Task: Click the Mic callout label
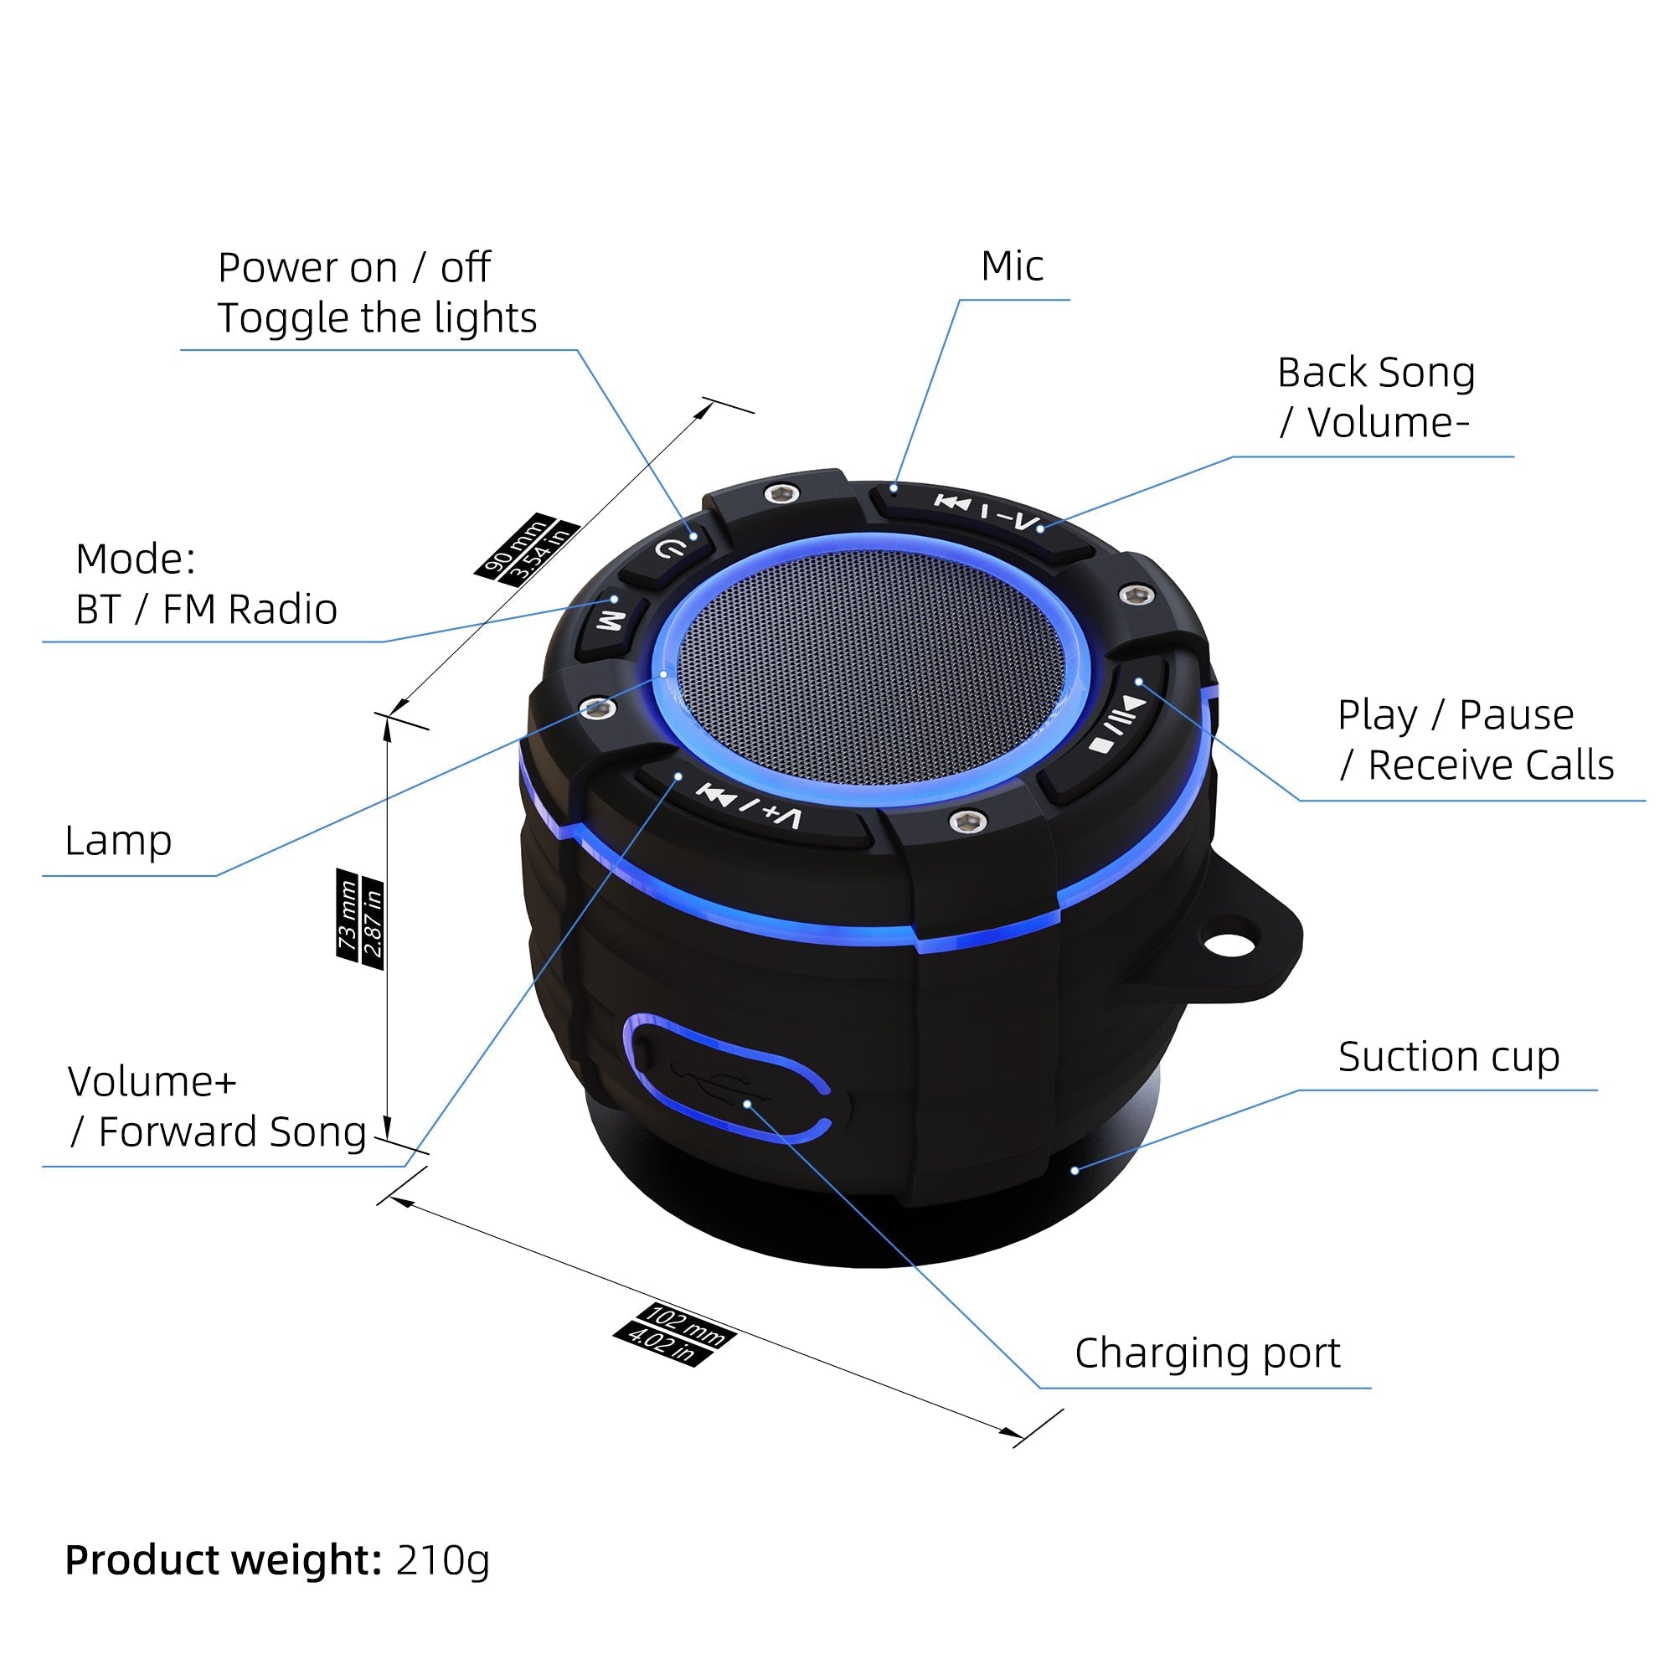1012,266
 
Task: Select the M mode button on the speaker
611,620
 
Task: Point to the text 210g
442,1559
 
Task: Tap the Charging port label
1207,1353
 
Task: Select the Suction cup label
1448,1056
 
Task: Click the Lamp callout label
118,840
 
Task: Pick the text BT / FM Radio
206,610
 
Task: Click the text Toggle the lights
376,318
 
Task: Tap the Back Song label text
1376,373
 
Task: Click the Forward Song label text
231,1132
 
